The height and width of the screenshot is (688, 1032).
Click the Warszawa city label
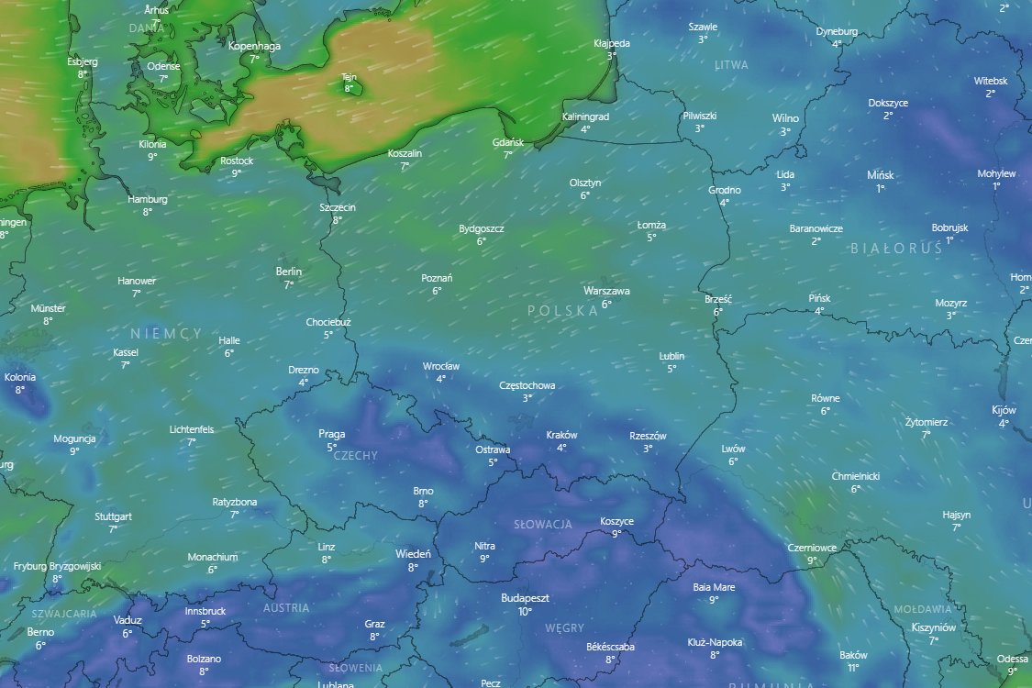point(606,292)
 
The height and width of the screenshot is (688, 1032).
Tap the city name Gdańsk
point(507,143)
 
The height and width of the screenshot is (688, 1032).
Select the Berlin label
point(289,272)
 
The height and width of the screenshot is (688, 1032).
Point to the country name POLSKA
point(563,311)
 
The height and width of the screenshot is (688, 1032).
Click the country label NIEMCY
point(166,333)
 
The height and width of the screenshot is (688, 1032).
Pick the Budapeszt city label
point(525,598)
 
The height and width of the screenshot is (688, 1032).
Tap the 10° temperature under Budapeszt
point(525,611)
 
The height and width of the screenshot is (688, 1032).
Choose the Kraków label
point(561,435)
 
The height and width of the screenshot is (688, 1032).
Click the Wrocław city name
point(441,366)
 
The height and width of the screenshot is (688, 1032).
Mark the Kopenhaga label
point(255,46)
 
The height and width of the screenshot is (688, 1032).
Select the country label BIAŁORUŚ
point(896,249)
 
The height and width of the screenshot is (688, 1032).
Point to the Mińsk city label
point(880,175)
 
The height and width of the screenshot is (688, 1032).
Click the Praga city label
point(332,434)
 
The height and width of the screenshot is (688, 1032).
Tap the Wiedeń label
point(413,554)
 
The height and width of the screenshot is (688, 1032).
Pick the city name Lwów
point(733,449)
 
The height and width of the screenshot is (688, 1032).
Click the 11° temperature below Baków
point(854,667)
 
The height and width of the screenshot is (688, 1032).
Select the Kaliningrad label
point(585,117)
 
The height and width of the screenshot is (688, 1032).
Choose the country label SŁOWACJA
point(543,525)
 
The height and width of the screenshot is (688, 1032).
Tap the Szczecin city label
point(338,207)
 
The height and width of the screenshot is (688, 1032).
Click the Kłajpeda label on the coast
point(612,43)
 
